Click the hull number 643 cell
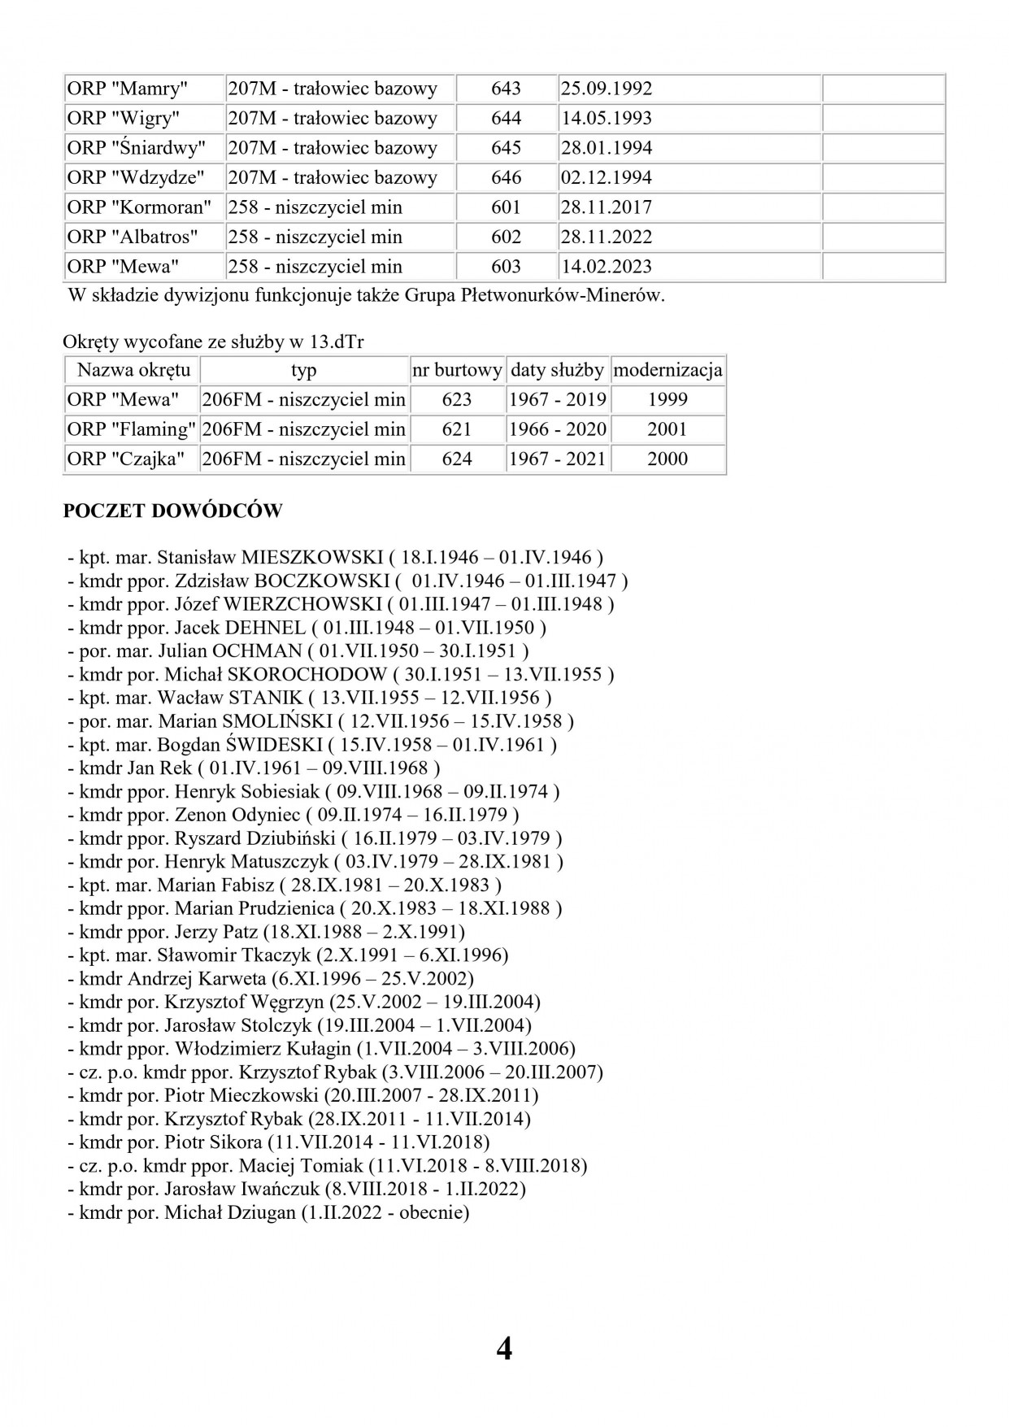[x=506, y=89]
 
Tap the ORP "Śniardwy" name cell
[x=136, y=148]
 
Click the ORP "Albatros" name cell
[x=133, y=237]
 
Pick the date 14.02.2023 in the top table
[x=606, y=267]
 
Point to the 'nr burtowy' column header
[x=457, y=371]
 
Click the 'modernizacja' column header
[x=668, y=371]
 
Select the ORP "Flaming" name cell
[x=131, y=429]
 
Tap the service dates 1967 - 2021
[x=558, y=459]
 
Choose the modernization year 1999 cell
[x=668, y=400]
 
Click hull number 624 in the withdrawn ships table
[x=457, y=459]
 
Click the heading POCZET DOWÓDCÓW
[x=172, y=511]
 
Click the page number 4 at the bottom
[x=504, y=1349]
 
